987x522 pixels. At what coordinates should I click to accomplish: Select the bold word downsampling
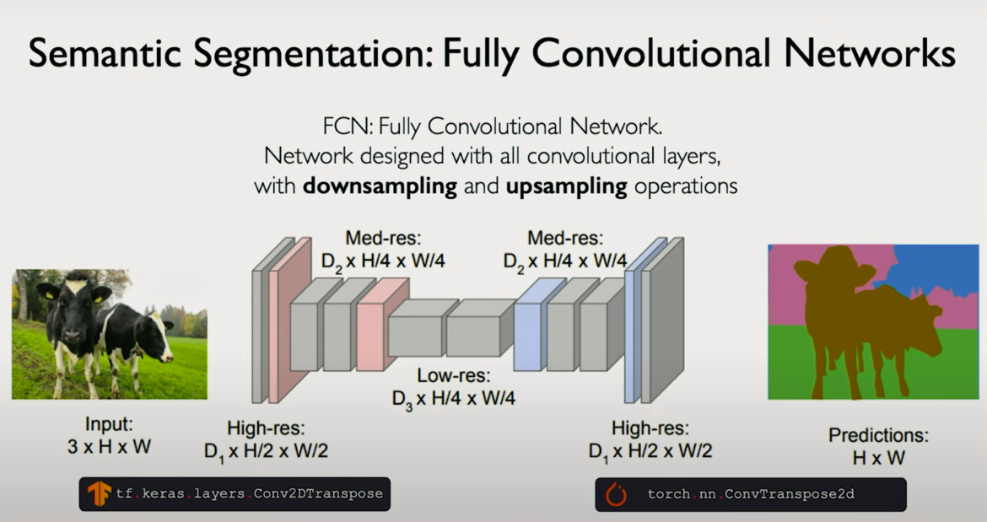coord(380,186)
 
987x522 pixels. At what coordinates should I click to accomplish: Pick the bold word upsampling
coord(566,186)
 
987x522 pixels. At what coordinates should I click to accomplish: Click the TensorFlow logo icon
coord(99,494)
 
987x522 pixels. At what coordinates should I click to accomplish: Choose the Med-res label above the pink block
coord(383,251)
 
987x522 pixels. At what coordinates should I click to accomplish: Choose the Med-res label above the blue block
coord(565,251)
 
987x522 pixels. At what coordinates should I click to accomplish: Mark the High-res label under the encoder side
coord(266,440)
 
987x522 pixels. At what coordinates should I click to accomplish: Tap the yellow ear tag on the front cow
coord(99,297)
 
